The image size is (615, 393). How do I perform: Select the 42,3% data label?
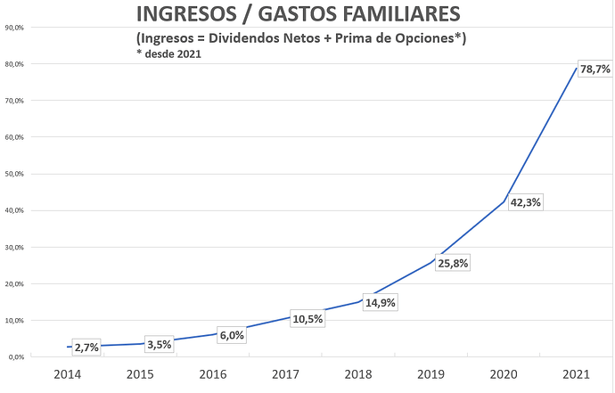click(525, 202)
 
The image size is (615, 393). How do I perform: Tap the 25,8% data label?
click(452, 264)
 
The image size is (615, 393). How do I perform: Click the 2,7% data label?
click(86, 348)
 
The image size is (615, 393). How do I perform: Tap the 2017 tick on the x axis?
click(285, 373)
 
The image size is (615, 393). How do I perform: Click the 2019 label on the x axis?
click(431, 373)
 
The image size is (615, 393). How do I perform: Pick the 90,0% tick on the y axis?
click(14, 28)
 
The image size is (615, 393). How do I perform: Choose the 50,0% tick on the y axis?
click(14, 174)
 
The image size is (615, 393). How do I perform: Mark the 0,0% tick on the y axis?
click(16, 356)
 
